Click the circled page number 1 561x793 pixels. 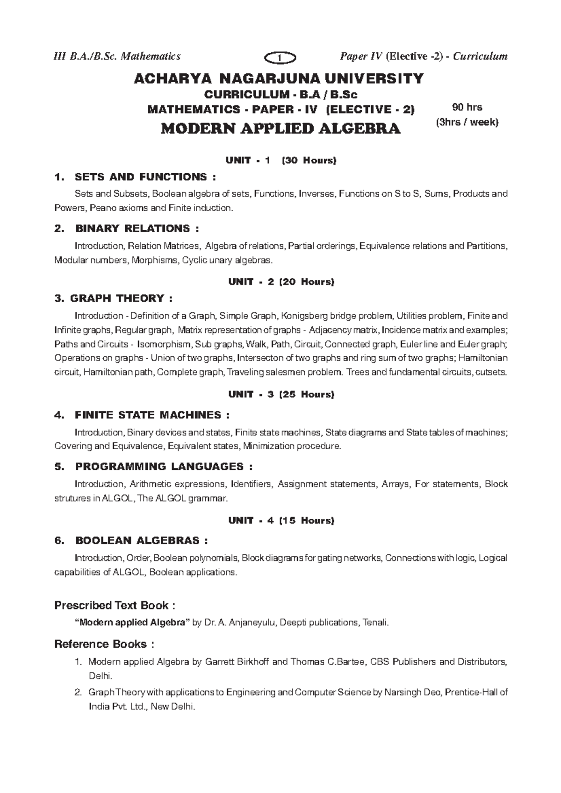[x=280, y=57]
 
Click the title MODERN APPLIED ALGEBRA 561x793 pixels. [x=280, y=128]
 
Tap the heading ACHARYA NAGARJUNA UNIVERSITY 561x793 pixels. [x=279, y=78]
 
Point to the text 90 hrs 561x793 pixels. [x=467, y=107]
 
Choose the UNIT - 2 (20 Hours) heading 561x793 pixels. [x=280, y=282]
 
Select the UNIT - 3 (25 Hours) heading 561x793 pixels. [x=280, y=394]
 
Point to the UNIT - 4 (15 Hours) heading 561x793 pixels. [x=280, y=520]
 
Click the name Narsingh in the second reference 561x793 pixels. [x=401, y=693]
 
